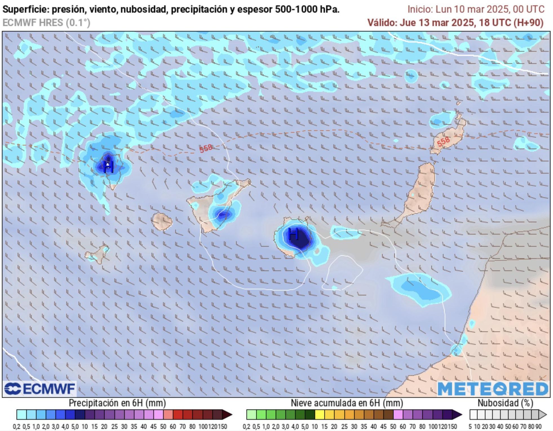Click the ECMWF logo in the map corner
click(40, 389)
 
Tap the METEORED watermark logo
click(493, 389)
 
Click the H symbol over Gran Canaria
click(293, 234)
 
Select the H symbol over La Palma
click(108, 167)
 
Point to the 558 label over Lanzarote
click(443, 141)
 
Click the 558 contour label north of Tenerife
click(206, 148)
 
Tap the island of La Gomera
click(162, 221)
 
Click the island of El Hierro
click(97, 254)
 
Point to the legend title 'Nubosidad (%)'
click(505, 403)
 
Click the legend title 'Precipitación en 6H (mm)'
click(117, 403)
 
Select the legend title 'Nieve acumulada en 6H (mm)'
click(347, 403)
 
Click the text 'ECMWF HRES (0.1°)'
click(46, 23)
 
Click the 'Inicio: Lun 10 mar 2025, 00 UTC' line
click(476, 9)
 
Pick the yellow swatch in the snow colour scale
click(320, 415)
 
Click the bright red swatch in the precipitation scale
click(178, 415)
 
